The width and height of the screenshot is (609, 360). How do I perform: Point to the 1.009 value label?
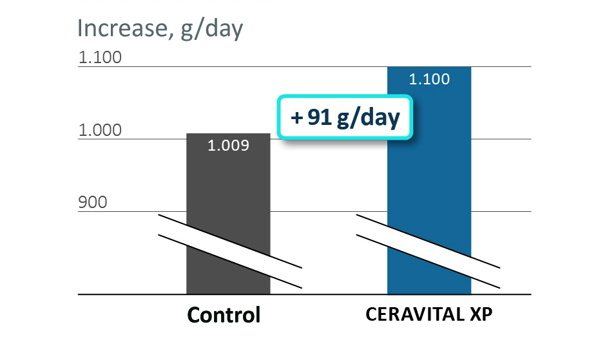[228, 146]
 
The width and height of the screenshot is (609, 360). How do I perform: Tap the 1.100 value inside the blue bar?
[429, 80]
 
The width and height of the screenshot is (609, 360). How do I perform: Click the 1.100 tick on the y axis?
[100, 58]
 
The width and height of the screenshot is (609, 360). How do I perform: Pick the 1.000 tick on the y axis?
[100, 130]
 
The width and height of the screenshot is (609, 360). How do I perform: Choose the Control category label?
[224, 315]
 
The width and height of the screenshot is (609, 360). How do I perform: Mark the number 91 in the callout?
[320, 118]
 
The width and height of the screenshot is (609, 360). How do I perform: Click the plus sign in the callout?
[296, 118]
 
